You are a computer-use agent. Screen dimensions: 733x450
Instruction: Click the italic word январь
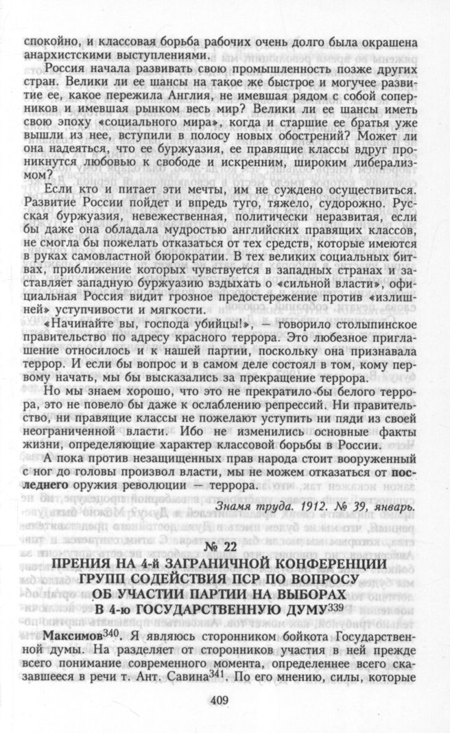(x=391, y=507)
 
